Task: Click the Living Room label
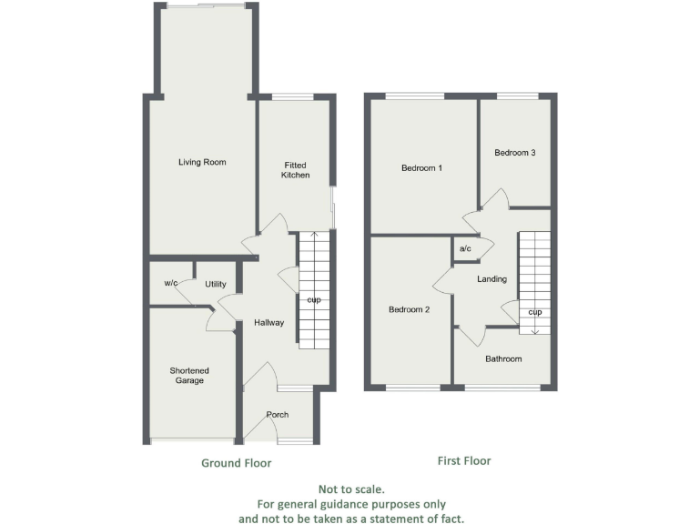[202, 162]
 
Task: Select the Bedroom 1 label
[421, 167]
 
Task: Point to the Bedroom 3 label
[514, 153]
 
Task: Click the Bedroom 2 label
[409, 309]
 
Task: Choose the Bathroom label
[503, 358]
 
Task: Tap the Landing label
[491, 278]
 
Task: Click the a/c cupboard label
[464, 248]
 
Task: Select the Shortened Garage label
[189, 375]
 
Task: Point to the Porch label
[277, 415]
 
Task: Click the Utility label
[215, 284]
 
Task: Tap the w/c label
[171, 284]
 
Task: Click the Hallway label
[269, 322]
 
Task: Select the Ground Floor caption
[237, 463]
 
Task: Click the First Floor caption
[464, 461]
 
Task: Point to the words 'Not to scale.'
[351, 489]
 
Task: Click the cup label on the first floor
[535, 312]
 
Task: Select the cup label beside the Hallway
[314, 299]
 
